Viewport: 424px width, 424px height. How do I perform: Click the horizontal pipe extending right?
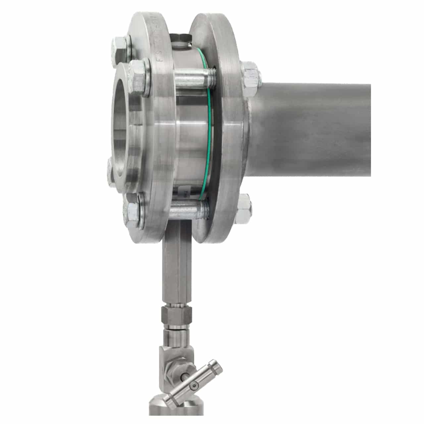pyautogui.click(x=315, y=129)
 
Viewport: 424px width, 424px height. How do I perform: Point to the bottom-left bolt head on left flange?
pyautogui.click(x=132, y=212)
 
